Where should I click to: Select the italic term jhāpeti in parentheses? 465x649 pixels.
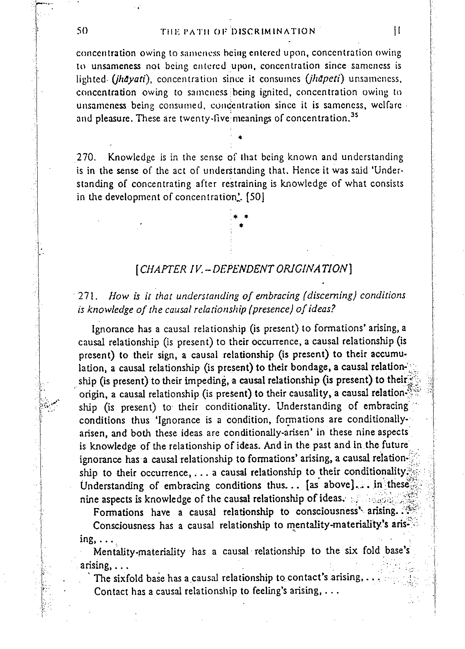coord(323,79)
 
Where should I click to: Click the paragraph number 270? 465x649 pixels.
coord(84,157)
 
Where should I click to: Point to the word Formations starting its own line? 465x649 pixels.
coord(119,512)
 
